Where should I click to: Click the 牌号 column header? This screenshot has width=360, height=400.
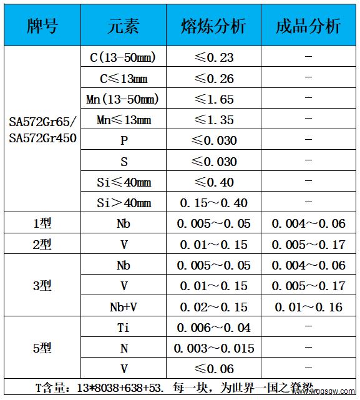pyautogui.click(x=42, y=26)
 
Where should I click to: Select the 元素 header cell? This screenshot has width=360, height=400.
pyautogui.click(x=124, y=26)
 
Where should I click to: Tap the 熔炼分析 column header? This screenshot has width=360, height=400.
pyautogui.click(x=213, y=26)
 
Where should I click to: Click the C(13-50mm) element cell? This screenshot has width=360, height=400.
pyautogui.click(x=123, y=58)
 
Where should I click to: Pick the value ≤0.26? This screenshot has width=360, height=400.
pyautogui.click(x=213, y=79)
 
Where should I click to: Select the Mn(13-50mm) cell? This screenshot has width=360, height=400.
pyautogui.click(x=123, y=99)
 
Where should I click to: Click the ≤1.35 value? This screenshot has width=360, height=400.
pyautogui.click(x=213, y=120)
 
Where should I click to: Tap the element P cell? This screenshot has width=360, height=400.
pyautogui.click(x=124, y=141)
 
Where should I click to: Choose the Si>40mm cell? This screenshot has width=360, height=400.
pyautogui.click(x=124, y=203)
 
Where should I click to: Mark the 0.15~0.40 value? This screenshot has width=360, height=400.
pyautogui.click(x=213, y=203)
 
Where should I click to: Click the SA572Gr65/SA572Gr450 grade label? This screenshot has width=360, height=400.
pyautogui.click(x=42, y=130)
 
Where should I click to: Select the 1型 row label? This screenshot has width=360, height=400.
pyautogui.click(x=42, y=223)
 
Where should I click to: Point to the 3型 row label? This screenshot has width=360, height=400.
pyautogui.click(x=42, y=286)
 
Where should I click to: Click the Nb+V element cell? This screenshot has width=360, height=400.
pyautogui.click(x=124, y=306)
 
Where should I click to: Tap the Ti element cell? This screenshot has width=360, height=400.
pyautogui.click(x=124, y=328)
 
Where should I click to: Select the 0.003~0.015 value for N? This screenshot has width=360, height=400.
pyautogui.click(x=213, y=348)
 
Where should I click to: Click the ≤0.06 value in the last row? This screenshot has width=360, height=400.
pyautogui.click(x=213, y=368)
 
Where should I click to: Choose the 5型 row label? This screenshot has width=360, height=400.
pyautogui.click(x=42, y=348)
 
